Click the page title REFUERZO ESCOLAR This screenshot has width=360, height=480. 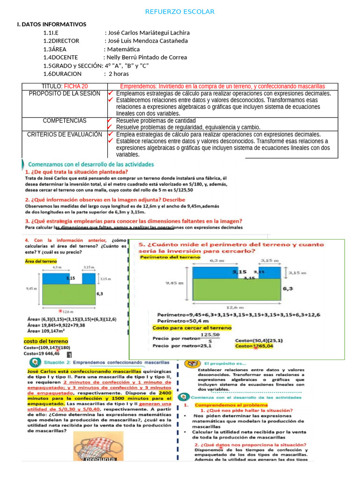[x=180, y=12]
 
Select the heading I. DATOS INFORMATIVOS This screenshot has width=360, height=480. [x=52, y=24]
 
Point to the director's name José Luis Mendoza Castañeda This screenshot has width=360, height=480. [x=148, y=41]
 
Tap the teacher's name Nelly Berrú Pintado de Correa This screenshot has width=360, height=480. [x=147, y=57]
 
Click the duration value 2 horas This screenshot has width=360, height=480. [x=119, y=74]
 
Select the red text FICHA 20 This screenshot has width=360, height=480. [x=75, y=87]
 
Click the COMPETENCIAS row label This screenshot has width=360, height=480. [x=65, y=121]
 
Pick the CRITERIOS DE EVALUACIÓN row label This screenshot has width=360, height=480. [x=65, y=135]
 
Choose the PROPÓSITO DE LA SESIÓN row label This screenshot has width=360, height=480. [x=65, y=94]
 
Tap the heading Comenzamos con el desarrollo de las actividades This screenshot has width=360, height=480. [x=91, y=165]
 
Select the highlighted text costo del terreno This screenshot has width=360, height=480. [x=45, y=341]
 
